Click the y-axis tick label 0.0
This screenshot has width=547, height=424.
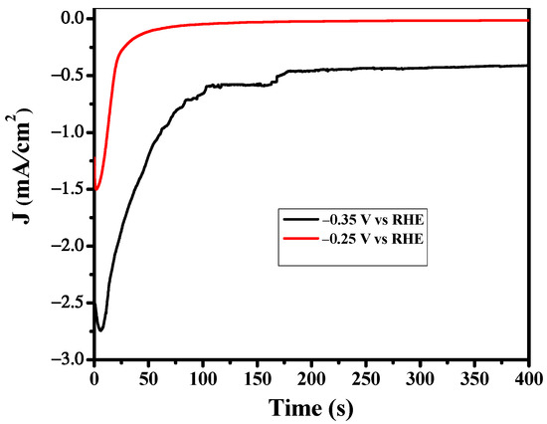71,18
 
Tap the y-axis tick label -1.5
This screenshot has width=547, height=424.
69,189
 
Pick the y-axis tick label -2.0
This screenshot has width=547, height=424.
69,246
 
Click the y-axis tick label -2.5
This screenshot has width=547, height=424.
69,303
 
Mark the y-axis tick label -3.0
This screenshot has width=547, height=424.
69,359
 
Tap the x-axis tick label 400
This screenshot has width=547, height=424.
527,378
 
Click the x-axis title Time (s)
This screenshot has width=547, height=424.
310,408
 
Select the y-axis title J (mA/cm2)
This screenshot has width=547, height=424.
22,189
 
